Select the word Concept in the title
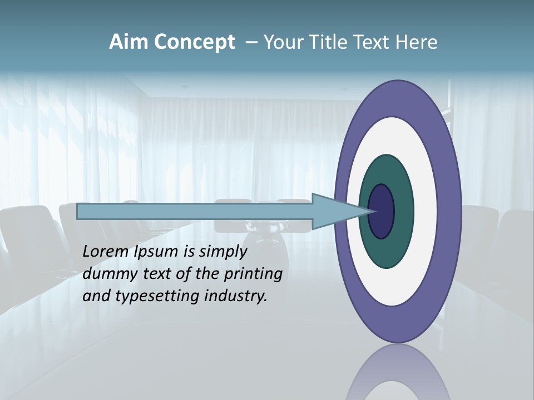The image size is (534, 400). click(x=195, y=43)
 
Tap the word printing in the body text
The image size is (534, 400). click(x=253, y=274)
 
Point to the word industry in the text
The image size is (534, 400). click(x=236, y=296)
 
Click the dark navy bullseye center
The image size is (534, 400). click(x=382, y=212)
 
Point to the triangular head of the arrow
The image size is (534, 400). click(x=334, y=212)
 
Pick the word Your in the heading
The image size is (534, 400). click(x=281, y=42)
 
